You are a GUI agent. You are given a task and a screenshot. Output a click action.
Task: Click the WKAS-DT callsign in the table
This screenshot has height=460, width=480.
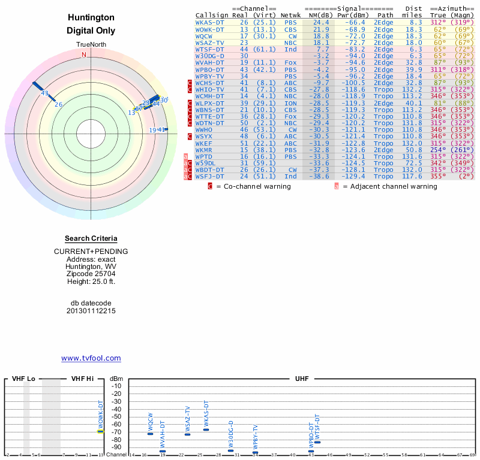(x=209, y=22)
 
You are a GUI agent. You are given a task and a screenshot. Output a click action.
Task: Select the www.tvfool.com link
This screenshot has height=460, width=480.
(x=91, y=358)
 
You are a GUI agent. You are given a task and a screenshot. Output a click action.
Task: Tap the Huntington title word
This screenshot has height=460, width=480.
(x=91, y=17)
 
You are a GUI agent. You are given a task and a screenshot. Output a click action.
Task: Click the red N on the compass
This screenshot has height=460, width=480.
(x=84, y=55)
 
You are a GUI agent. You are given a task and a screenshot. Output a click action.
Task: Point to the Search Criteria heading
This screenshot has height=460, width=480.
(x=91, y=238)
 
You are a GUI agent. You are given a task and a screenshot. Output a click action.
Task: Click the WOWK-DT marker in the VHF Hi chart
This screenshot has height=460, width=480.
(x=101, y=431)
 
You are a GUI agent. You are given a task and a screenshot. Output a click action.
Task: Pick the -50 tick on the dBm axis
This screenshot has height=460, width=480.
(x=116, y=417)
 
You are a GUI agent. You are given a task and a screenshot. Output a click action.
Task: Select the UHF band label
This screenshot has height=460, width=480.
(x=302, y=379)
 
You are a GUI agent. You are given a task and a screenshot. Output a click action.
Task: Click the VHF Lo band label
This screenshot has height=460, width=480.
(x=23, y=379)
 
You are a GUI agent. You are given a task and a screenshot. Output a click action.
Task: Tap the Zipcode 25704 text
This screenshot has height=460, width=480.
(x=91, y=274)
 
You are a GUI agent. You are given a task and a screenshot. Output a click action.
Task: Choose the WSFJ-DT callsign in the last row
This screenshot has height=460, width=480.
(x=209, y=176)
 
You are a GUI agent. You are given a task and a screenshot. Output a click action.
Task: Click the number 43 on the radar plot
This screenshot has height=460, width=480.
(x=44, y=93)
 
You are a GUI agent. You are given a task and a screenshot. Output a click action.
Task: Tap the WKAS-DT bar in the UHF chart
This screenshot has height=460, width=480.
(x=206, y=429)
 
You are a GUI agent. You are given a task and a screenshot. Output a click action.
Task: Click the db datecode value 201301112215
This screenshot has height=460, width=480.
(x=91, y=311)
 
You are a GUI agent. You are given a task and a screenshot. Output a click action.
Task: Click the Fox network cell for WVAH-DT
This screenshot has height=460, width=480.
(x=290, y=62)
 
